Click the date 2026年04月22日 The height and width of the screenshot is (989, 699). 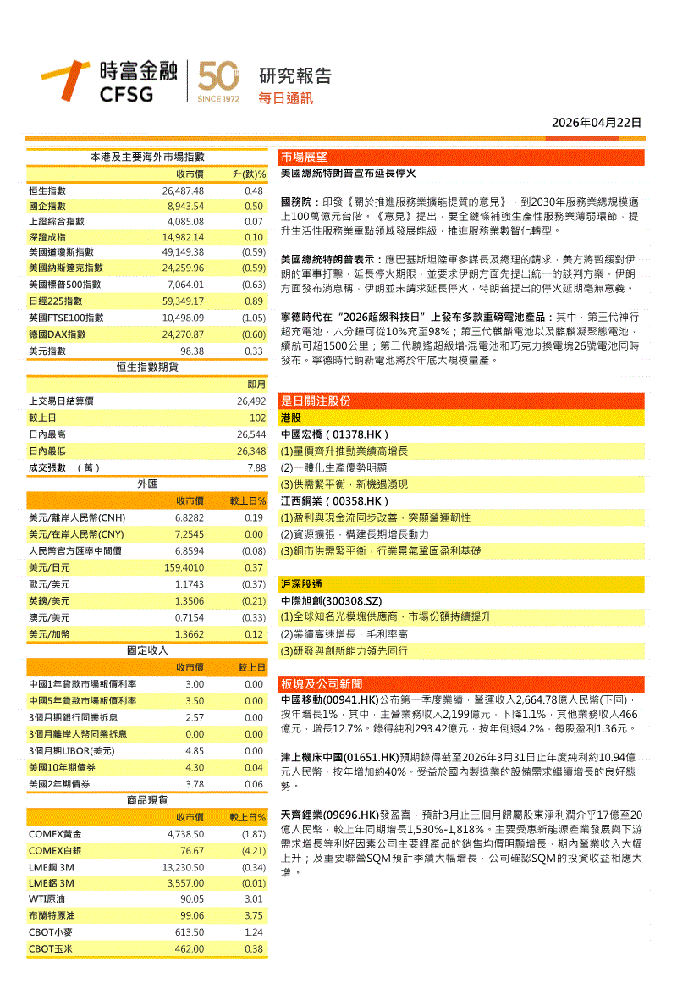596,123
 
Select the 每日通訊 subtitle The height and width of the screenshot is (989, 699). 285,98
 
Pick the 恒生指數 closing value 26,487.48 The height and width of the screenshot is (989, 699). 183,191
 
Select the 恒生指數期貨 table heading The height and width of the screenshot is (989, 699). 147,367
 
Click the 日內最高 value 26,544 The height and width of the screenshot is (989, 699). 251,434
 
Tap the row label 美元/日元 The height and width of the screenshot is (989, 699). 49,567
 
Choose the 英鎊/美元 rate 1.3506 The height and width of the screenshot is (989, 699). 190,601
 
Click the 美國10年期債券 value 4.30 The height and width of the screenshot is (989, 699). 195,767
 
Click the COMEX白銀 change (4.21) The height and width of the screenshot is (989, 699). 253,850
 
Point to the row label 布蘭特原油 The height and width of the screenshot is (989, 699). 52,916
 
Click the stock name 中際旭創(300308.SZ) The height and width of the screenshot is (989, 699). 329,600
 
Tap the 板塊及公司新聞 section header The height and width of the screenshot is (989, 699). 322,683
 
